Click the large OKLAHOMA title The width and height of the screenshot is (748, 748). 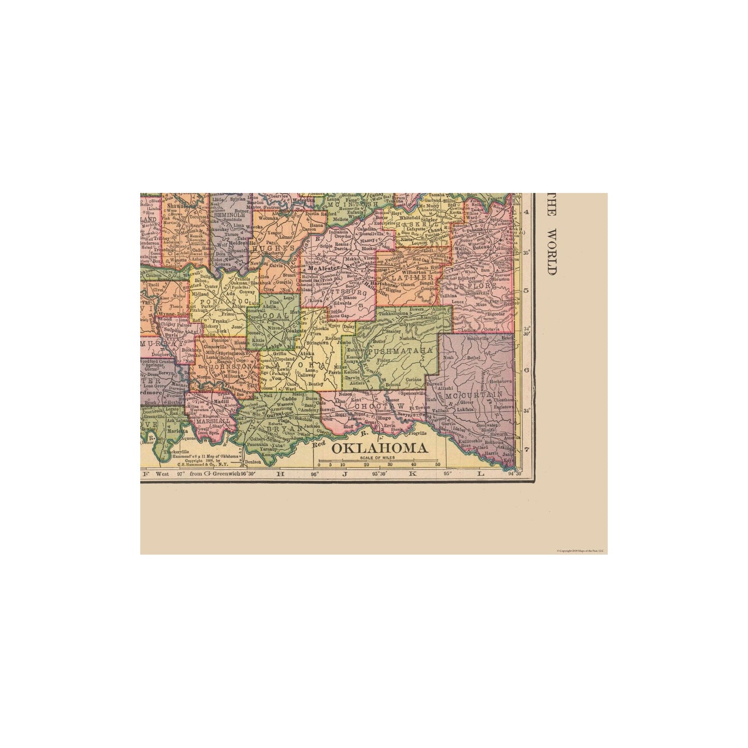(379, 448)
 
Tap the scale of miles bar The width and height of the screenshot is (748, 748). (379, 460)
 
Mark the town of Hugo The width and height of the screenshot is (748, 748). (384, 417)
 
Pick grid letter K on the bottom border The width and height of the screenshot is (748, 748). (413, 473)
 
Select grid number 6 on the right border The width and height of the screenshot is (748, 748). (526, 371)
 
